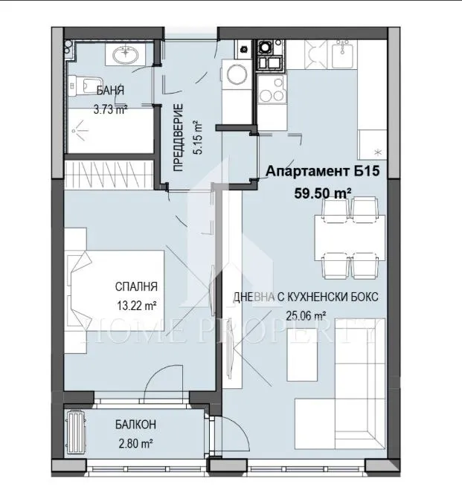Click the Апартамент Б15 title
pyautogui.click(x=324, y=172)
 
